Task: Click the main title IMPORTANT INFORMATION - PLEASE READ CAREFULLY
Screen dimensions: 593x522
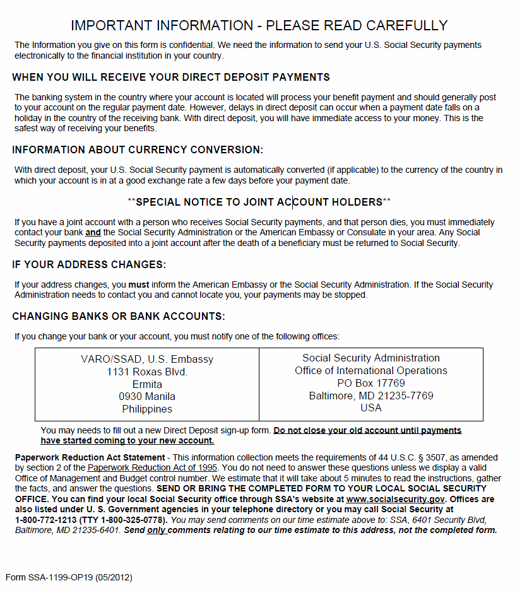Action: pyautogui.click(x=259, y=26)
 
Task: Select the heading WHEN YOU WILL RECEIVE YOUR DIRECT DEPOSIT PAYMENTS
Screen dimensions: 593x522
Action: pyautogui.click(x=170, y=78)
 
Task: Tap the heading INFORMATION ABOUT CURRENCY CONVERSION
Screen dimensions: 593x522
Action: pyautogui.click(x=137, y=150)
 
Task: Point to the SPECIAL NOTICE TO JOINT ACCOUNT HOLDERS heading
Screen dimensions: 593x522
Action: pyautogui.click(x=259, y=203)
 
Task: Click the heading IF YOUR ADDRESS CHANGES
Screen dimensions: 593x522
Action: pyautogui.click(x=89, y=264)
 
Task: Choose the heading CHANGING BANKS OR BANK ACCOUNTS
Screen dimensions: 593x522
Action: pyautogui.click(x=119, y=316)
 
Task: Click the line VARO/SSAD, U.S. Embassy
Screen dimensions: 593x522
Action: pyautogui.click(x=147, y=360)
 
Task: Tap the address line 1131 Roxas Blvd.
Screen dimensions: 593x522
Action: pyautogui.click(x=147, y=372)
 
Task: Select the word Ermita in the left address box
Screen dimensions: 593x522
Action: pyautogui.click(x=147, y=384)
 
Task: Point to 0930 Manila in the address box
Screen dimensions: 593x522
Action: pyautogui.click(x=147, y=397)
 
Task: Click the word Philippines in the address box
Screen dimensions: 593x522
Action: pyautogui.click(x=147, y=409)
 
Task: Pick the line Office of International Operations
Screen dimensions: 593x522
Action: pyautogui.click(x=371, y=371)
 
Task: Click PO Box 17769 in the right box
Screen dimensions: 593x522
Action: pyautogui.click(x=371, y=383)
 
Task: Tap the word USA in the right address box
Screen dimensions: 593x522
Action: pyautogui.click(x=371, y=408)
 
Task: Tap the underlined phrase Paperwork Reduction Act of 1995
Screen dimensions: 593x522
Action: pyautogui.click(x=152, y=467)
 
